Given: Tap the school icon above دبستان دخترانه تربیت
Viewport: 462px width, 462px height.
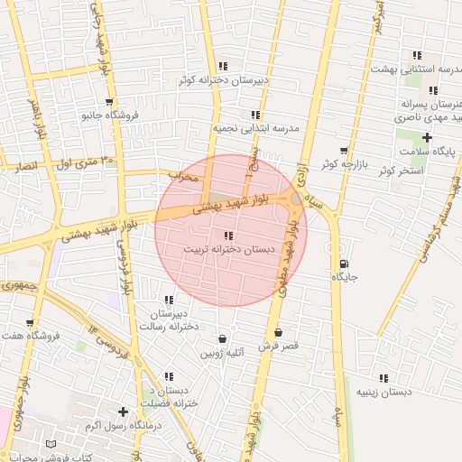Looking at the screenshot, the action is tap(226, 235).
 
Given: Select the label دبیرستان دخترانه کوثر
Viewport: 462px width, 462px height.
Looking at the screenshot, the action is tap(224, 79).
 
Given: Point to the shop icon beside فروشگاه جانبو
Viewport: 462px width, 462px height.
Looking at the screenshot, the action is tap(109, 103).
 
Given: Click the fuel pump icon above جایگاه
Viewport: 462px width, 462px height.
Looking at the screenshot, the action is tap(344, 263).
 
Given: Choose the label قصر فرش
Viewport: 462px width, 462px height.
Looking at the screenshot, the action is tap(278, 346).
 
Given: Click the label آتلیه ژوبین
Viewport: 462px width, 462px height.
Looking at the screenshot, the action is tap(222, 352).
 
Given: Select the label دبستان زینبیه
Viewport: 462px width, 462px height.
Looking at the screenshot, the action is tap(383, 393).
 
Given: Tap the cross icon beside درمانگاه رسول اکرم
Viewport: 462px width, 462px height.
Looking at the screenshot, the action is tap(123, 411).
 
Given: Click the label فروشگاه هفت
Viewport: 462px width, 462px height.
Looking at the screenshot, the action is tap(31, 336).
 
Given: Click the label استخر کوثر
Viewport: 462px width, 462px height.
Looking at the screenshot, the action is tap(401, 170).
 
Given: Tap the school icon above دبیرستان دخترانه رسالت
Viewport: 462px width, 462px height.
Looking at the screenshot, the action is tap(169, 300).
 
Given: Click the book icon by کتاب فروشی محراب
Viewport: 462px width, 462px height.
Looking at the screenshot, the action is tap(51, 445).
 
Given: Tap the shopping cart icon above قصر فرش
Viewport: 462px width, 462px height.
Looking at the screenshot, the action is tap(277, 332).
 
